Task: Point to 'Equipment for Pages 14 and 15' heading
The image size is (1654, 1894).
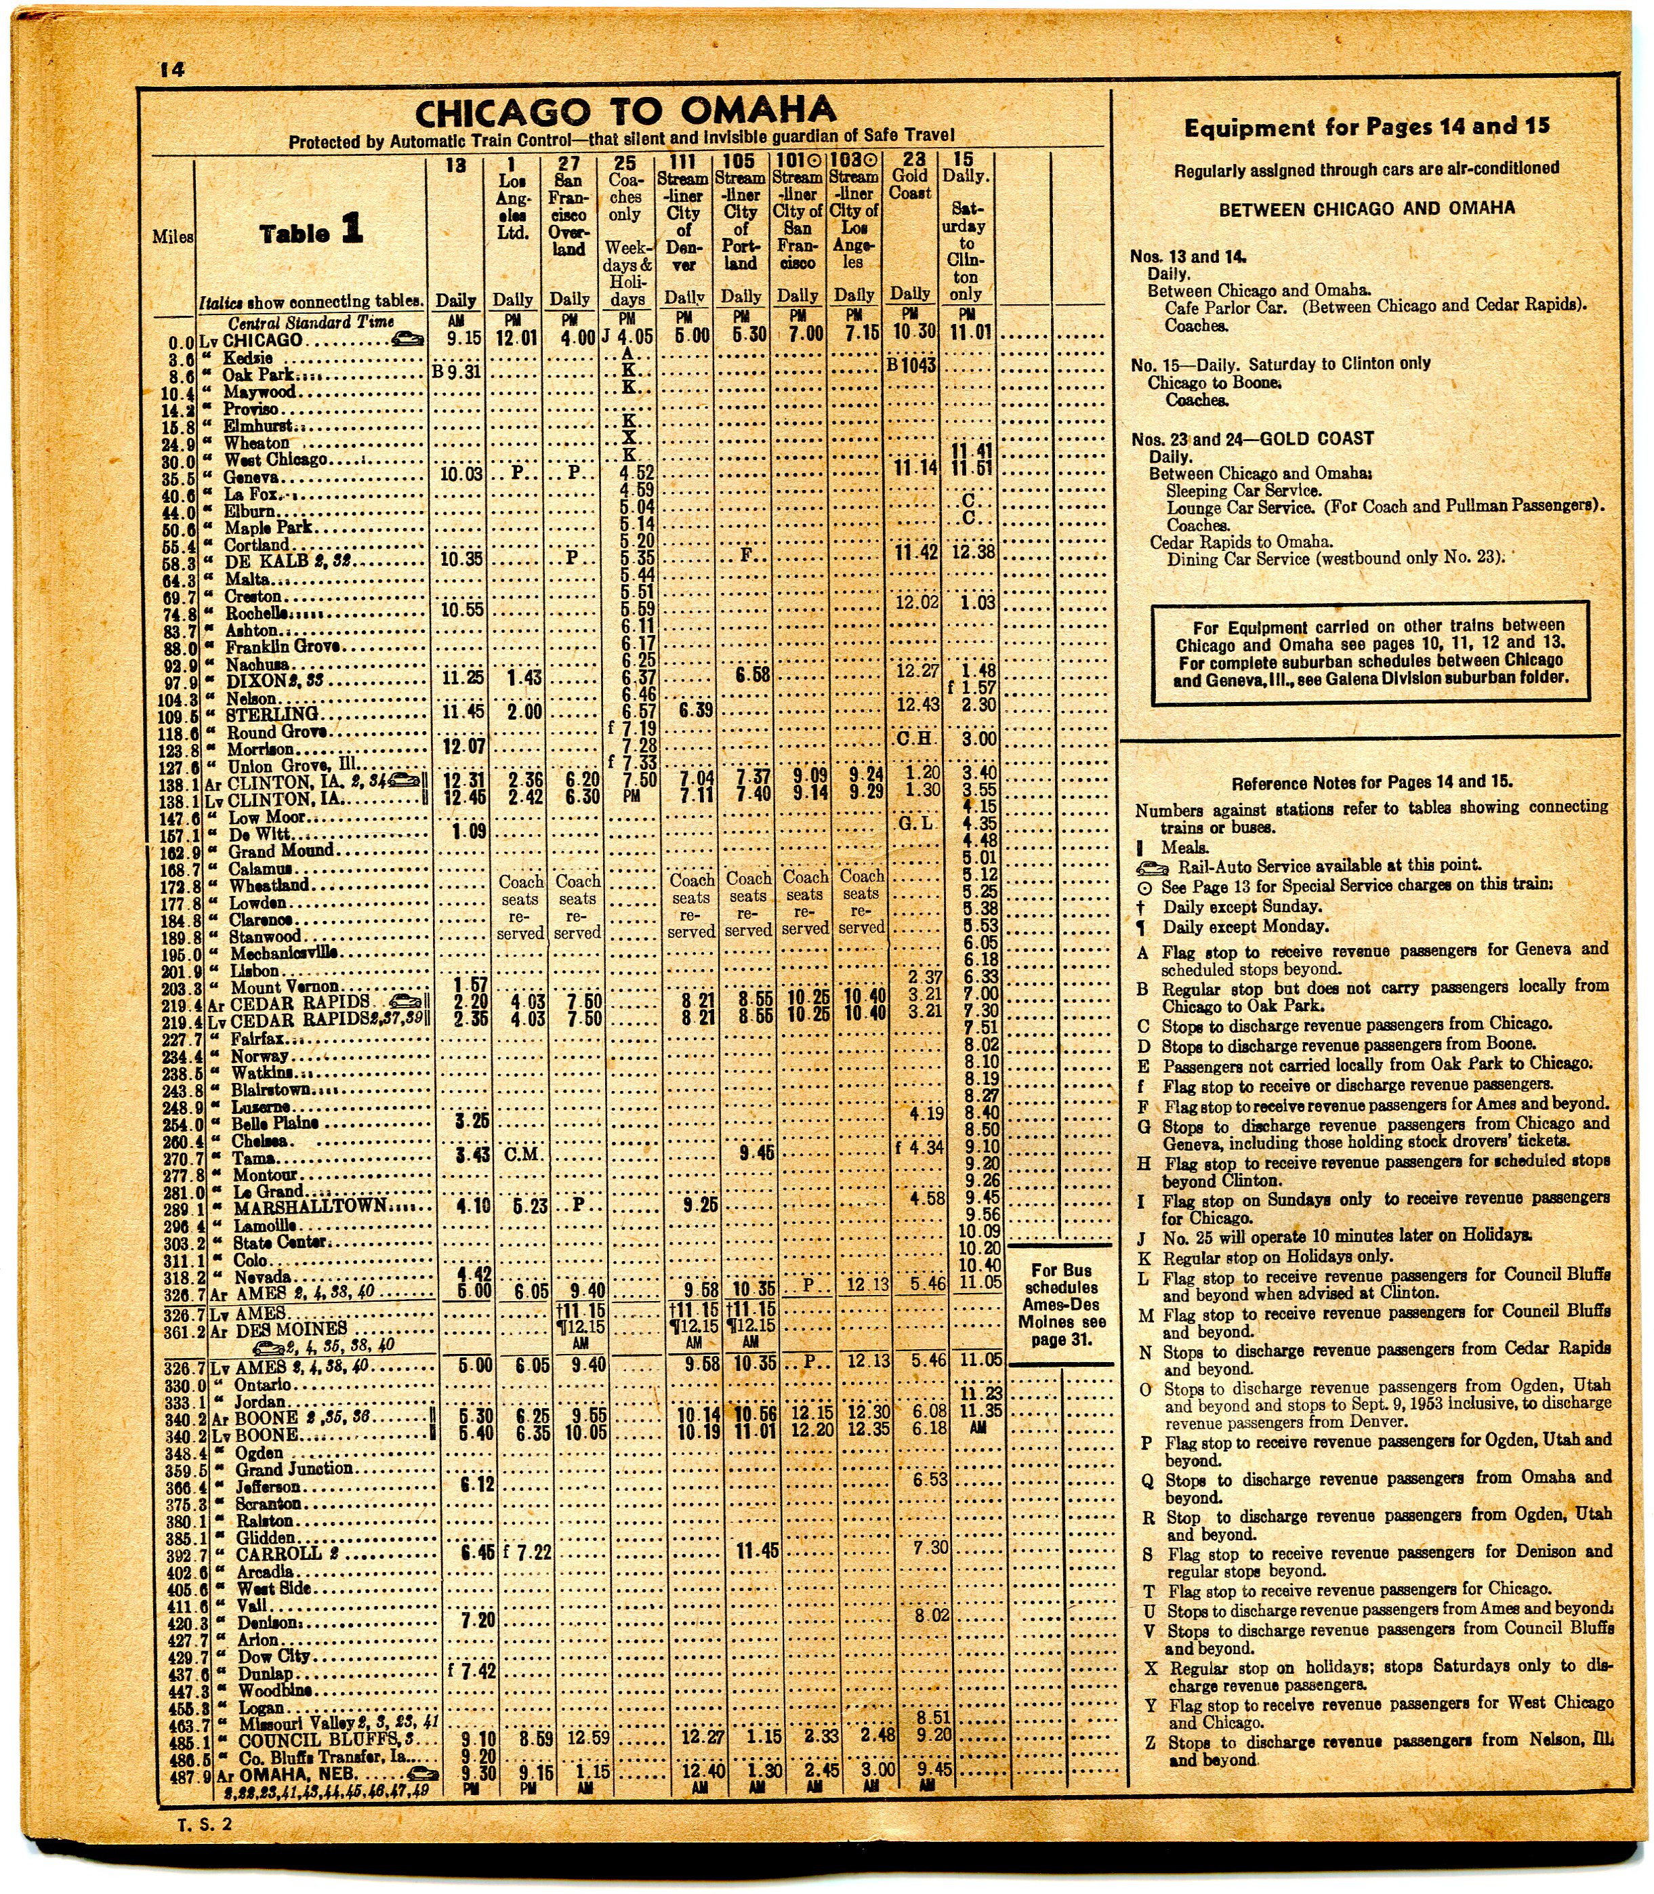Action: (1366, 127)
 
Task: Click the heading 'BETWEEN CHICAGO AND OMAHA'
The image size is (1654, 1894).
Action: (1366, 209)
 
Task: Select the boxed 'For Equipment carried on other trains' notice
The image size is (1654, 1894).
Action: (1369, 652)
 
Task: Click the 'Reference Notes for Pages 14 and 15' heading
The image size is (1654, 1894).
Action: (1371, 783)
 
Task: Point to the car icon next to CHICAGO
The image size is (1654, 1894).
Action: (407, 339)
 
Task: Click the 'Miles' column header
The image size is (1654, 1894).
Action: (173, 237)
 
